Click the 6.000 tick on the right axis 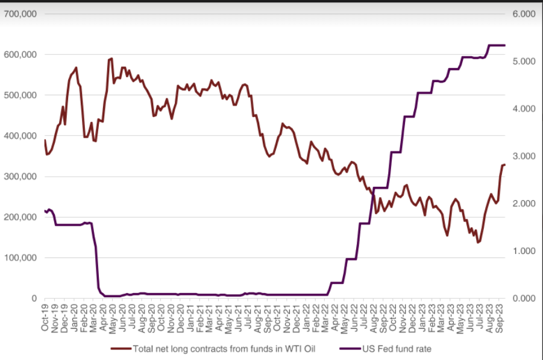coord(524,14)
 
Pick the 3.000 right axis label coord(524,156)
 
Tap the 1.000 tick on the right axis coord(524,251)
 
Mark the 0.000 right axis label coord(524,298)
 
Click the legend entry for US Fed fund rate coord(397,349)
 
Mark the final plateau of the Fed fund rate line coord(497,45)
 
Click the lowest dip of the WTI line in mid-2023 coord(478,242)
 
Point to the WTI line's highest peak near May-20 coord(111,58)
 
